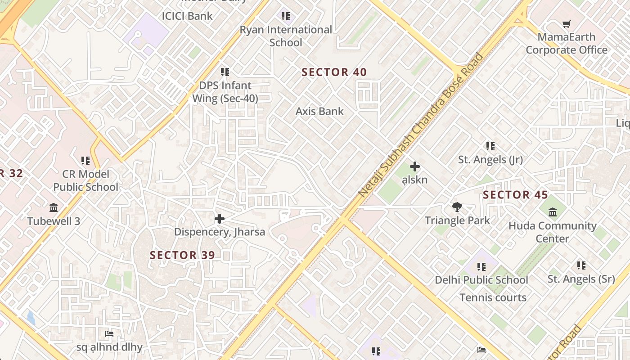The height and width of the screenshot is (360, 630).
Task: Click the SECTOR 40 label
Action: coord(334,72)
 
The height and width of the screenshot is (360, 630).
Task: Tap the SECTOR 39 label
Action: coord(182,255)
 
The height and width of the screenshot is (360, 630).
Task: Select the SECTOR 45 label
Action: coord(515,195)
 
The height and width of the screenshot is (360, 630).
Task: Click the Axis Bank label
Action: coord(319,111)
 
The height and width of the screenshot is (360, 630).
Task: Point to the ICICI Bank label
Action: coord(187,16)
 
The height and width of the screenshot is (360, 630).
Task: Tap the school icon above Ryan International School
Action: coord(286,16)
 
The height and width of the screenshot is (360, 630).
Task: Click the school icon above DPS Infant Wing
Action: coord(225,72)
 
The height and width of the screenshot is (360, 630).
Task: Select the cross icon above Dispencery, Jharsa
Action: coord(220,219)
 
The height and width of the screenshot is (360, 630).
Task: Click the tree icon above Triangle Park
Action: coord(457,207)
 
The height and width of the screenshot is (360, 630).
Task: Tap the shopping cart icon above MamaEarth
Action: coord(566,24)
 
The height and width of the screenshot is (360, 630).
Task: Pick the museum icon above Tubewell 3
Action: coord(54,208)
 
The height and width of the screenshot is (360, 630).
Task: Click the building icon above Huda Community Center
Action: coord(553,212)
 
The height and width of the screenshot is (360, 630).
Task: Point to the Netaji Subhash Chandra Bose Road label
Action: coord(421,125)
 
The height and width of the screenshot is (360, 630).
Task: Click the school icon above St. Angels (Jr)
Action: coord(490,146)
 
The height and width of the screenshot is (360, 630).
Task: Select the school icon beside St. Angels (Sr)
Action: coord(581,265)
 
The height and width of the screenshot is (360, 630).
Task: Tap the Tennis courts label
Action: coord(493,297)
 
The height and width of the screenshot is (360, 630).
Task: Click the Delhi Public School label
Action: coord(481,280)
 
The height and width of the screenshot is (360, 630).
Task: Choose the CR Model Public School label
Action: coord(85,180)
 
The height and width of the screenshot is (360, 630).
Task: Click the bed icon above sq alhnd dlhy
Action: coord(109,334)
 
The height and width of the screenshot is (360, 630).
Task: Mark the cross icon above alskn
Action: coord(415,167)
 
